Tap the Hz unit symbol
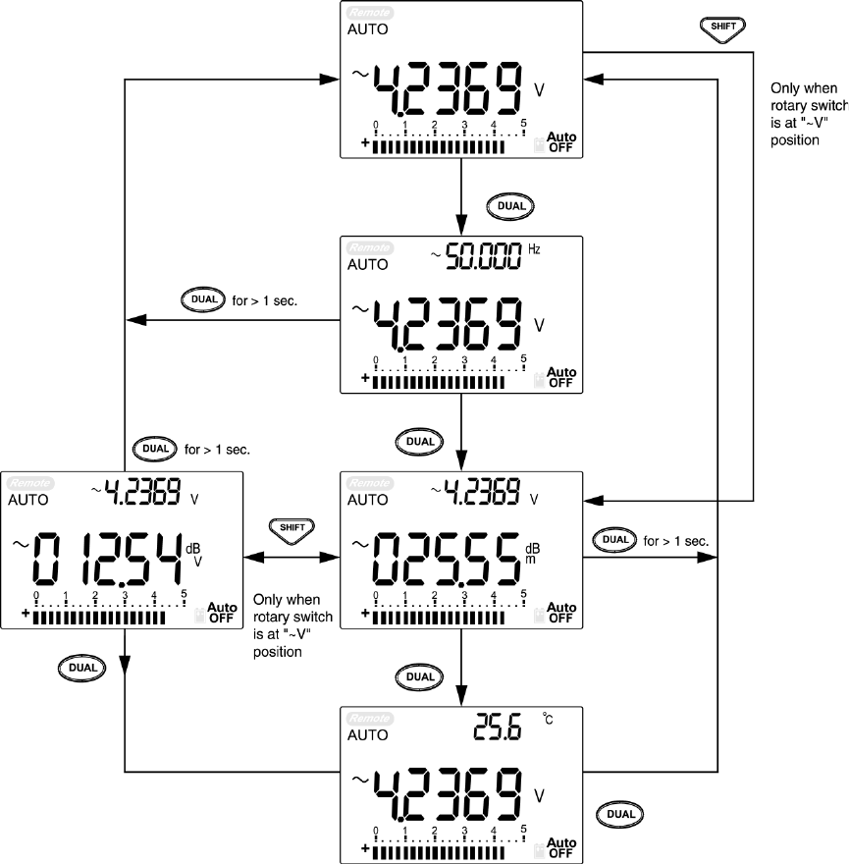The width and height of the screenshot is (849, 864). click(535, 249)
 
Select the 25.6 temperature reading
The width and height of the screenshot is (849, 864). click(499, 727)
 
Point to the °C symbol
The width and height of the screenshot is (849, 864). click(548, 720)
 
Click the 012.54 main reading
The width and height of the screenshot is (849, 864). click(108, 559)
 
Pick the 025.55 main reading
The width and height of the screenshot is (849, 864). click(446, 559)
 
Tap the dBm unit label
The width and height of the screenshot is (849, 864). click(532, 553)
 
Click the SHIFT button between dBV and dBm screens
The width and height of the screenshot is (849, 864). click(291, 526)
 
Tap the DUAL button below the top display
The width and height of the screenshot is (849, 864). click(509, 205)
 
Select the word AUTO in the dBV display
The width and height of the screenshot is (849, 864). click(28, 500)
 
